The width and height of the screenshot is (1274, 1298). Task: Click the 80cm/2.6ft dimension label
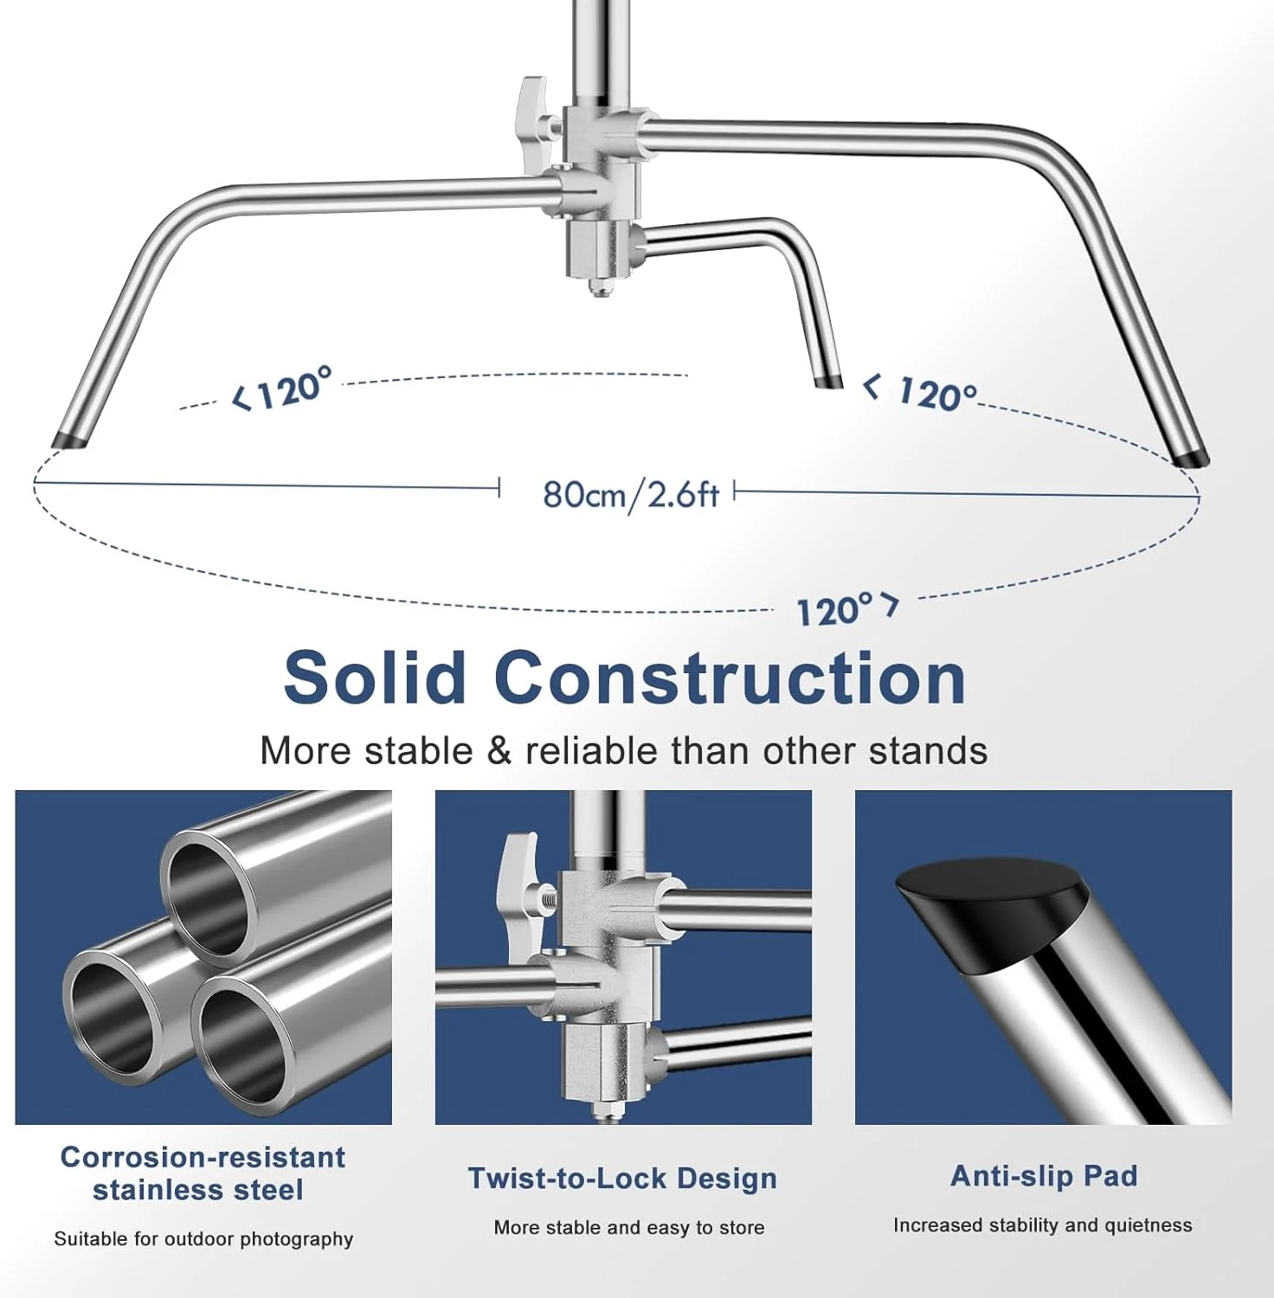point(631,494)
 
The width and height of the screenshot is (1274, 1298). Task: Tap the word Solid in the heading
point(375,678)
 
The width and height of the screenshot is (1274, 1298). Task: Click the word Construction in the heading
point(730,678)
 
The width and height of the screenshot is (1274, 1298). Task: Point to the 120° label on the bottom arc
point(847,609)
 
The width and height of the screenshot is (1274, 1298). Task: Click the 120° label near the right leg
point(920,392)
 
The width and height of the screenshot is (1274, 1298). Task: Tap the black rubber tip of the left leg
point(70,439)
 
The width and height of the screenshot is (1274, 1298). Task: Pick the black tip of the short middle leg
point(828,382)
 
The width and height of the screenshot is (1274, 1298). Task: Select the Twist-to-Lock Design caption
point(622,1178)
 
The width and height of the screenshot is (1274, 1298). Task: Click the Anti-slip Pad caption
point(1044,1175)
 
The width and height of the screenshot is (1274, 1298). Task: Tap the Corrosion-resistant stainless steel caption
point(202,1173)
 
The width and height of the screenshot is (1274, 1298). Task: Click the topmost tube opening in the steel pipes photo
point(206,897)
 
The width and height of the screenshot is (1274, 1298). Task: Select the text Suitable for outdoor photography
point(203,1238)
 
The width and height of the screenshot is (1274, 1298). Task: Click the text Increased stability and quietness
point(1043,1224)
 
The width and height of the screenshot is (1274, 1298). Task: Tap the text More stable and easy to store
point(629,1227)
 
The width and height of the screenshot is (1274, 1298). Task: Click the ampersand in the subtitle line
point(500,750)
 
